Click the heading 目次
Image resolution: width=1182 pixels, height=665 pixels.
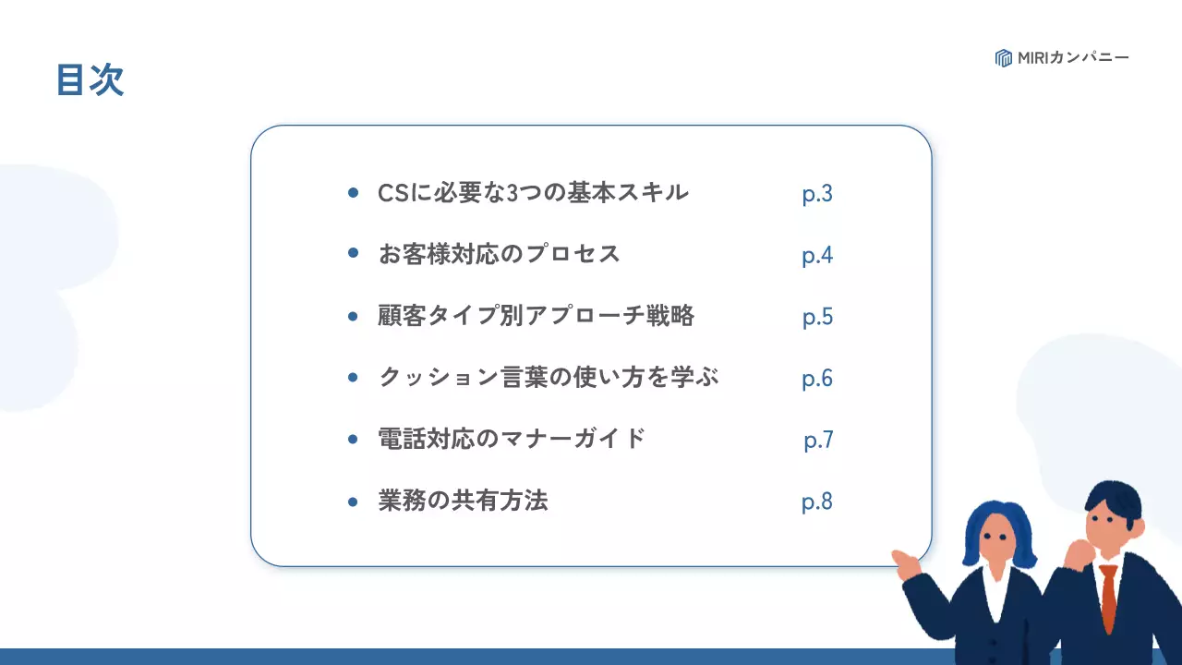90,80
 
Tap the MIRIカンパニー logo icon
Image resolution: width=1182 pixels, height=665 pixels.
1004,58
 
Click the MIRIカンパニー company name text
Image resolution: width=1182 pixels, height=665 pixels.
1073,58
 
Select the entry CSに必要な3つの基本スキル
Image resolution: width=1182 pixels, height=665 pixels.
533,193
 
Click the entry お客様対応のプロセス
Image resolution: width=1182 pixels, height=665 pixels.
499,254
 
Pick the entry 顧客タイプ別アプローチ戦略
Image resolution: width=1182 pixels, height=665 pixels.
536,316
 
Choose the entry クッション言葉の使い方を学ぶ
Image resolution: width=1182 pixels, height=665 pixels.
549,378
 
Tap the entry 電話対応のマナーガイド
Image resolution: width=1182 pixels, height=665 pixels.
512,439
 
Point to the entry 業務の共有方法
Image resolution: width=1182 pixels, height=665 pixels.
463,501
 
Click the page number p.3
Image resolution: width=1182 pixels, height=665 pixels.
817,194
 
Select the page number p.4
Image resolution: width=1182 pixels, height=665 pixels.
817,256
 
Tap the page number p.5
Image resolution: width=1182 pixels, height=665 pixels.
817,317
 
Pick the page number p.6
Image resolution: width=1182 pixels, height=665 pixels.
817,379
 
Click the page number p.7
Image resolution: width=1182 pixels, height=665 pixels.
818,441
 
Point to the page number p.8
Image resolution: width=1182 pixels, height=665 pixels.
817,502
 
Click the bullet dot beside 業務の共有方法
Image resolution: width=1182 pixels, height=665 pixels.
353,502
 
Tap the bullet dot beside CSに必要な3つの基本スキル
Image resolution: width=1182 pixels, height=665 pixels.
353,193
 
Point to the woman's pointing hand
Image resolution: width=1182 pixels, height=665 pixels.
906,560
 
